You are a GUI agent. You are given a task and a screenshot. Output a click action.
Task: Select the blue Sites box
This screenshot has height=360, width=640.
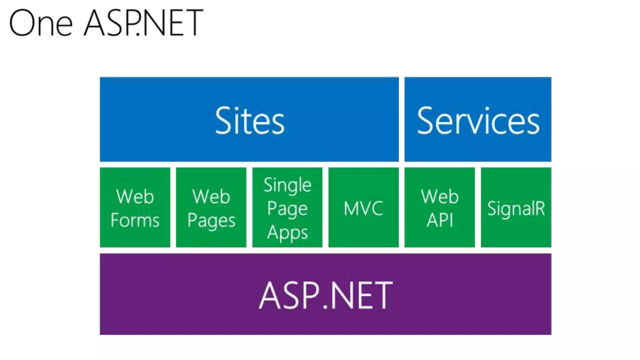point(249,119)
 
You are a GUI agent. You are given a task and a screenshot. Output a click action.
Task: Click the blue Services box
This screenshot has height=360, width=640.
point(477,119)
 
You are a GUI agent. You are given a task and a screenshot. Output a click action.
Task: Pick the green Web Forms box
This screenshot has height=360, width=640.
point(135,207)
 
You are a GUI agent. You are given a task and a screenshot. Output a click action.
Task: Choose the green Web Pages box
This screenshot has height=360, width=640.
point(211,207)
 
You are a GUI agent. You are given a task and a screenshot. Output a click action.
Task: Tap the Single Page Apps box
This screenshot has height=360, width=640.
point(287,207)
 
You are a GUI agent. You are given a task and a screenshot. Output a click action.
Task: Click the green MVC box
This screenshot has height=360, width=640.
point(363,207)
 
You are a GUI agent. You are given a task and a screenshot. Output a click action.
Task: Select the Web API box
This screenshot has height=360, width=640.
point(440,207)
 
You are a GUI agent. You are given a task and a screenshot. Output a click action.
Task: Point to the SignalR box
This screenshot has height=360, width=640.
point(516,207)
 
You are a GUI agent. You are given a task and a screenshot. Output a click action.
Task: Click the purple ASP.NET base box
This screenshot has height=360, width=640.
point(325,294)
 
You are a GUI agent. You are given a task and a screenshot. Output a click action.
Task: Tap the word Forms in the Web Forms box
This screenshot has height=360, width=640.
point(135,220)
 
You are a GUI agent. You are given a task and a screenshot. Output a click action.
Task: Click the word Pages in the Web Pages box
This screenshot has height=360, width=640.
point(211,221)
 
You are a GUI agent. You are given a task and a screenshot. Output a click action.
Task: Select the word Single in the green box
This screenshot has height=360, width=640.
point(287,185)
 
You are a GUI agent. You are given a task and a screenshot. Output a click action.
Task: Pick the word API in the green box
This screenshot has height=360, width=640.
point(440,220)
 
